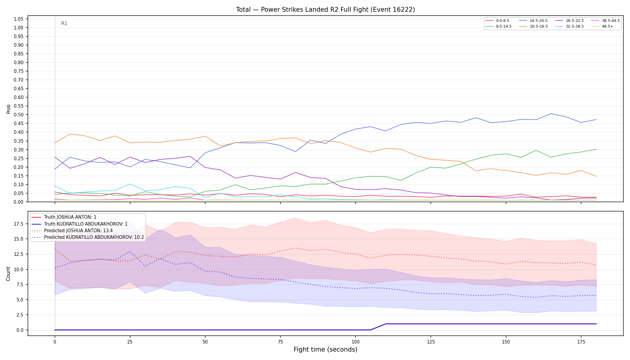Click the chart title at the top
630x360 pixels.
[325, 10]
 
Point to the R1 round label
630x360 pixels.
[64, 23]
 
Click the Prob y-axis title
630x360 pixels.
[8, 109]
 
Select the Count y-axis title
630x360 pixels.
[8, 274]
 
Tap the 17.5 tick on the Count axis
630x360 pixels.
[19, 224]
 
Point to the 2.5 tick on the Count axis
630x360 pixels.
[20, 315]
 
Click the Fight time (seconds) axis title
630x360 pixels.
[325, 349]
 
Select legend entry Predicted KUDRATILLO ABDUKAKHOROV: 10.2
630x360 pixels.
[88, 237]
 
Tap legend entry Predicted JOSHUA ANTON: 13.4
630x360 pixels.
[72, 231]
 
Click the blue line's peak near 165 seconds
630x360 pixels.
[551, 114]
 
